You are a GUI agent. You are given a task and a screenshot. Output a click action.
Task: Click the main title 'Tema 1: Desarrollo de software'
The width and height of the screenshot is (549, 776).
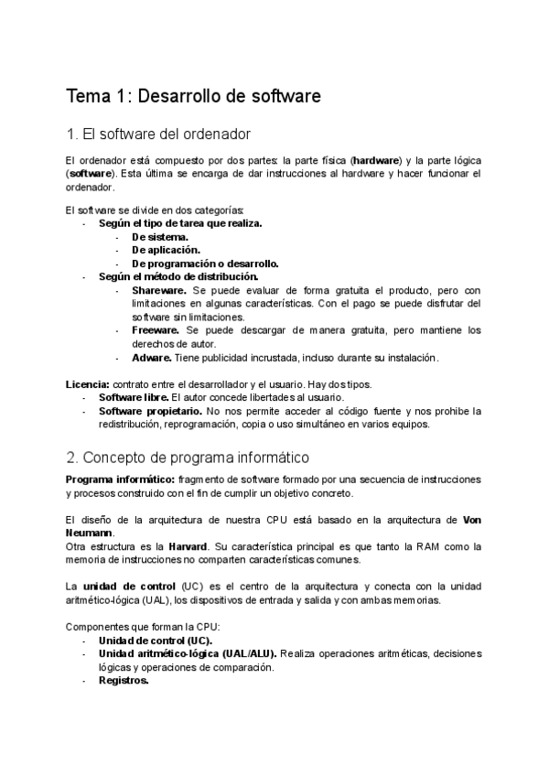(193, 95)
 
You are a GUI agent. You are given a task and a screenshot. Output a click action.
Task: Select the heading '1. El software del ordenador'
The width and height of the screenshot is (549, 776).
(158, 135)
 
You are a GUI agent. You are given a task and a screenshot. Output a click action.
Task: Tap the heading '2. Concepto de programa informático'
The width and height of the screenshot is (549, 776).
(188, 456)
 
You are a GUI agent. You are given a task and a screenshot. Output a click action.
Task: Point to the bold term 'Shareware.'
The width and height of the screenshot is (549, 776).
(160, 289)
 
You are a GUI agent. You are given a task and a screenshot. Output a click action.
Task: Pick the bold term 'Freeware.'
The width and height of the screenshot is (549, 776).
(157, 329)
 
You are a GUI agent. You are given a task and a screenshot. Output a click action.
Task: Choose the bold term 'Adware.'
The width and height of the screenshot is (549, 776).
(151, 358)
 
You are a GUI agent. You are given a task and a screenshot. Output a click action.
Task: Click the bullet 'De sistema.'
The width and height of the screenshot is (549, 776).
(160, 235)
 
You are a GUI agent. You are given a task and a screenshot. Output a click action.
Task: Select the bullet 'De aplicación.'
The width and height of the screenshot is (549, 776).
(166, 249)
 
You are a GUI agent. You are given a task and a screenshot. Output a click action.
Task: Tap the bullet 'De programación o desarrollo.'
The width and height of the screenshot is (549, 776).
(205, 263)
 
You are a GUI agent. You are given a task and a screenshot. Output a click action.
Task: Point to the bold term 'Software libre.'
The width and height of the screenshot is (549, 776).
(134, 397)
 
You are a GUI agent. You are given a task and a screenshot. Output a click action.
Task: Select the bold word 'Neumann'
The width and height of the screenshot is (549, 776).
(90, 533)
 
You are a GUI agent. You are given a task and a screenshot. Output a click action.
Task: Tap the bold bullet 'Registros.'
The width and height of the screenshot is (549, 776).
(124, 681)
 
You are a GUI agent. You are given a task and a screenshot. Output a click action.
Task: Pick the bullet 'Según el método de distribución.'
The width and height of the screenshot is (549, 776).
(178, 275)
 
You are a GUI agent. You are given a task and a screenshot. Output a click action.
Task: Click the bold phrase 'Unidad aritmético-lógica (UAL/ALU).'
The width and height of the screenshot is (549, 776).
(188, 653)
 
